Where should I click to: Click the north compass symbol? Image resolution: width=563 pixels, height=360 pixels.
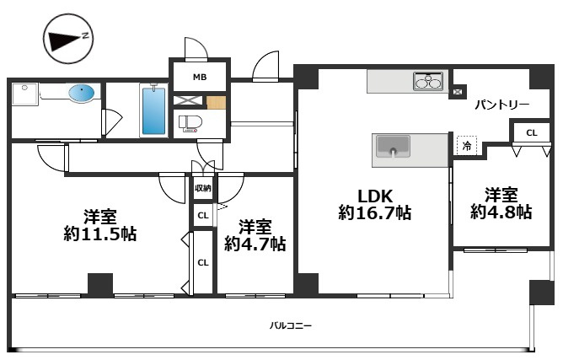tap(68, 39)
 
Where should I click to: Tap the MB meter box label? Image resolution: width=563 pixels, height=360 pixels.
tap(200, 77)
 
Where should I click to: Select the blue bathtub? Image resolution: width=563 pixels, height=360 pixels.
tap(153, 110)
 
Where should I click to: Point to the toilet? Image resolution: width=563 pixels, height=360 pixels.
tap(190, 123)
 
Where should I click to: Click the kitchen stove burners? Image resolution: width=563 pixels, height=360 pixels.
tap(428, 81)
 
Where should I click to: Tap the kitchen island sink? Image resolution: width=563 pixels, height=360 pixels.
tap(393, 147)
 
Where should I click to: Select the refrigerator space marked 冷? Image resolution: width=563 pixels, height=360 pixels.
tap(467, 146)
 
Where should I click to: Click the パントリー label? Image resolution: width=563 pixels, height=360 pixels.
tap(502, 105)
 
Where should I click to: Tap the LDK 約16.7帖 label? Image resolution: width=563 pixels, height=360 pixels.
tap(374, 204)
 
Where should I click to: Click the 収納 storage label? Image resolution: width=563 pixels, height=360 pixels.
tap(203, 188)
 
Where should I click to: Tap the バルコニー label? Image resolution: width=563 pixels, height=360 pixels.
tap(291, 326)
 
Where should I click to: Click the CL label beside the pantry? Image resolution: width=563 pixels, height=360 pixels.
tap(532, 133)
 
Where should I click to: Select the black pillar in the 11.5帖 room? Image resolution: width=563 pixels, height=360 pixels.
tap(100, 285)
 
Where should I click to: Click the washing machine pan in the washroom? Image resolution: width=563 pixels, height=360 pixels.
tap(24, 94)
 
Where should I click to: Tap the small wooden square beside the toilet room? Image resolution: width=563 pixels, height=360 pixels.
tap(216, 103)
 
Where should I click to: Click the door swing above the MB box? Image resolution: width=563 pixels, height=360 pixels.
tap(196, 48)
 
